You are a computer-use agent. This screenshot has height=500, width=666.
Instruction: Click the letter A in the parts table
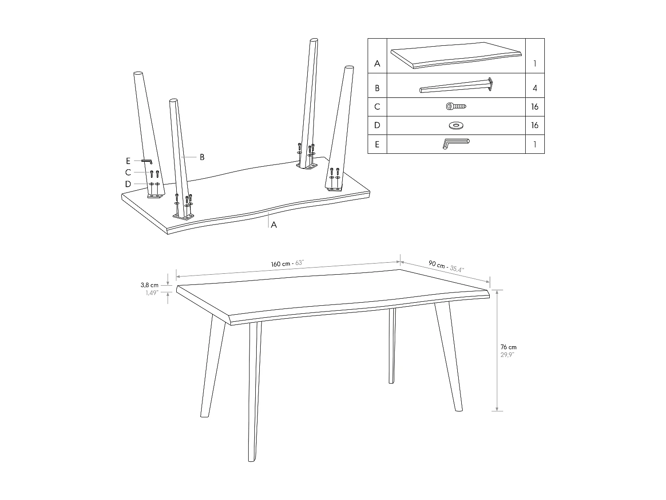[x=377, y=64]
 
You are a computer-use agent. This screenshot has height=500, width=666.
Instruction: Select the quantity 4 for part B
[x=535, y=88]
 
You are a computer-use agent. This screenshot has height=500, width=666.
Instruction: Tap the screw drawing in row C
[x=456, y=107]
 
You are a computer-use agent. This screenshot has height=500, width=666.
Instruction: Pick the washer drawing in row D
[x=456, y=125]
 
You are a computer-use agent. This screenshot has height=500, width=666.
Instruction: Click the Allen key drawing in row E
[x=456, y=144]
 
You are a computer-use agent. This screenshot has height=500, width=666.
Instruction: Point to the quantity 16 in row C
[x=535, y=107]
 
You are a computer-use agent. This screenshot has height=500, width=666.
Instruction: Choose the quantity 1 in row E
[x=535, y=144]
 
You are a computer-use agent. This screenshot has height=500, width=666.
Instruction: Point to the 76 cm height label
[x=508, y=347]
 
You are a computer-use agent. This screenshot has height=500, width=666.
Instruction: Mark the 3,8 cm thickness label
[x=150, y=285]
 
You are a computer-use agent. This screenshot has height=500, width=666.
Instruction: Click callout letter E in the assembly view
[x=128, y=161]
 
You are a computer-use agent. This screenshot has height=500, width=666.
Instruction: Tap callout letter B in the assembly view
[x=202, y=157]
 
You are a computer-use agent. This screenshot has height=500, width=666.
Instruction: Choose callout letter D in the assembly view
[x=128, y=184]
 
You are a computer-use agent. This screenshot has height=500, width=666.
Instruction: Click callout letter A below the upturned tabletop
[x=274, y=225]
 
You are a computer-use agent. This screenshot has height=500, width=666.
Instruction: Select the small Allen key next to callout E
[x=147, y=161]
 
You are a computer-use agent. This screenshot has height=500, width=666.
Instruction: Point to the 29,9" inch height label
[x=507, y=354]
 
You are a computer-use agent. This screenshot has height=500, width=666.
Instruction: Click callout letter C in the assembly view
[x=128, y=172]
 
